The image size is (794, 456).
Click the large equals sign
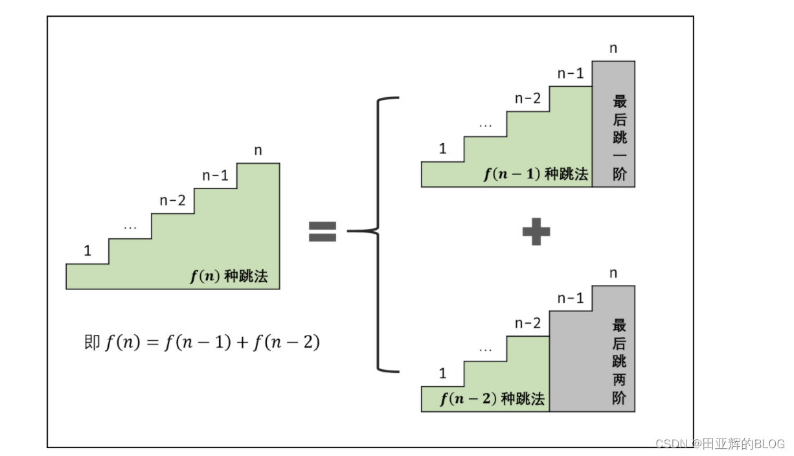click(x=322, y=231)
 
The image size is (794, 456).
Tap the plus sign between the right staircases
click(x=536, y=231)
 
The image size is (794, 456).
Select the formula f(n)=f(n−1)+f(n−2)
click(x=202, y=342)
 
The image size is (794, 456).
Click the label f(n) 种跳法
click(x=229, y=277)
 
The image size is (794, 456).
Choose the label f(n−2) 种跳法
click(x=492, y=398)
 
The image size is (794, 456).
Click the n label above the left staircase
click(x=258, y=151)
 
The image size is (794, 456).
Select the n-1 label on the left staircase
click(x=215, y=176)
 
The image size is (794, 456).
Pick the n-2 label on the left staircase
click(x=172, y=201)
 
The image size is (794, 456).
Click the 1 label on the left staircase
click(x=87, y=251)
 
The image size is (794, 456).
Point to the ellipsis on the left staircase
click(x=130, y=227)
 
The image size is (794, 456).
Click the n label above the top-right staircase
click(x=613, y=49)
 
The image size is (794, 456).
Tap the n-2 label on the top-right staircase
click(x=527, y=98)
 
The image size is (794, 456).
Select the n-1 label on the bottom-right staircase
click(x=571, y=299)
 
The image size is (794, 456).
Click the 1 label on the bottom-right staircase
click(x=442, y=374)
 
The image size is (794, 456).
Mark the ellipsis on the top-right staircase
click(x=485, y=124)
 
